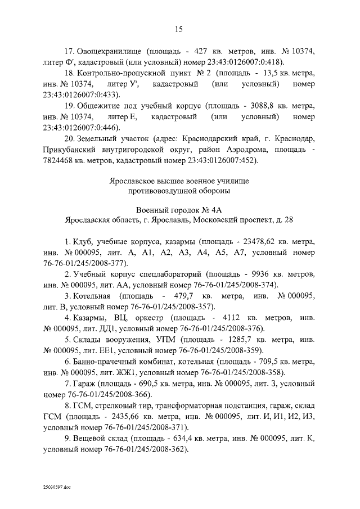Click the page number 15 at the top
click(x=179, y=29)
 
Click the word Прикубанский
click(x=70, y=150)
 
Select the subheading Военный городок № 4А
click(x=179, y=209)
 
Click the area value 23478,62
click(x=259, y=242)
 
